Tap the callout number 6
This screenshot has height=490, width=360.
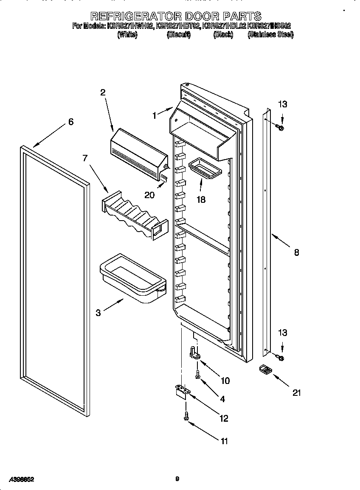[x=70, y=122]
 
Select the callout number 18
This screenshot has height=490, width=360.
[x=200, y=199]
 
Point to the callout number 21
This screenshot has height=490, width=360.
[x=297, y=393]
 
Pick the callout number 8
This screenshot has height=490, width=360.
[x=296, y=252]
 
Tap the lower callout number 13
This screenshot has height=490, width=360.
[x=282, y=334]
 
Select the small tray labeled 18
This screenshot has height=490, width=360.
[x=205, y=168]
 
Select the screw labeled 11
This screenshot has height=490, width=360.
[x=186, y=416]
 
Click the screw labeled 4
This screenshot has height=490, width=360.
[x=197, y=373]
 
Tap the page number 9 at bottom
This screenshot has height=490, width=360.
[x=177, y=479]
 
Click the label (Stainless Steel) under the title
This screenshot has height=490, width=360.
[x=270, y=35]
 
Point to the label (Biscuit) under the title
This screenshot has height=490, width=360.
[x=178, y=35]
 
